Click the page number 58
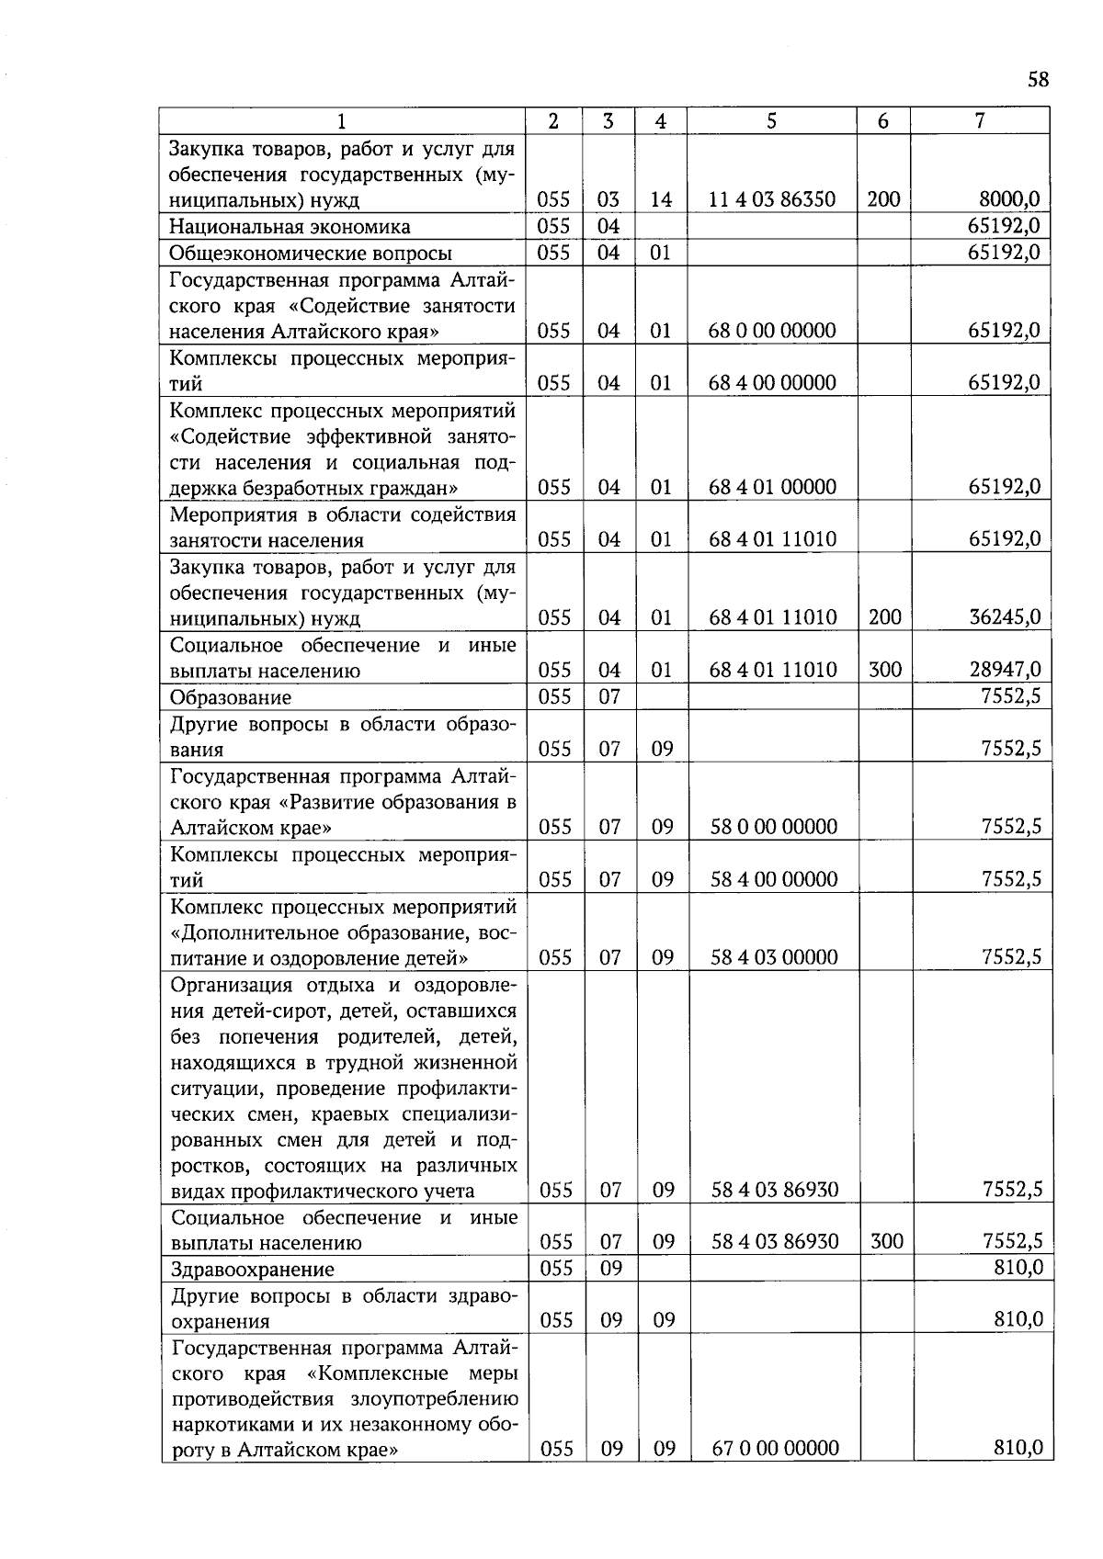pyautogui.click(x=1038, y=79)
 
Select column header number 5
pyautogui.click(x=771, y=120)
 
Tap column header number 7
pyautogui.click(x=980, y=120)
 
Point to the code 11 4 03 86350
pyautogui.click(x=772, y=199)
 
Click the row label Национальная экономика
pyautogui.click(x=290, y=227)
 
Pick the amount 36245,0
pyautogui.click(x=1005, y=617)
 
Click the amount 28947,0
pyautogui.click(x=1005, y=670)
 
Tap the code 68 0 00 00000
pyautogui.click(x=772, y=331)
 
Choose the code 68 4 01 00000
pyautogui.click(x=772, y=487)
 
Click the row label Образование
pyautogui.click(x=231, y=697)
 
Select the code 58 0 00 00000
pyautogui.click(x=774, y=827)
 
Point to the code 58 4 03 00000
pyautogui.click(x=774, y=957)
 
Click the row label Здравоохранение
pyautogui.click(x=253, y=1270)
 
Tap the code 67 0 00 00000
pyautogui.click(x=776, y=1449)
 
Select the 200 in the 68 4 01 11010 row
pyautogui.click(x=884, y=617)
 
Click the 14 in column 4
pyautogui.click(x=660, y=199)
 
